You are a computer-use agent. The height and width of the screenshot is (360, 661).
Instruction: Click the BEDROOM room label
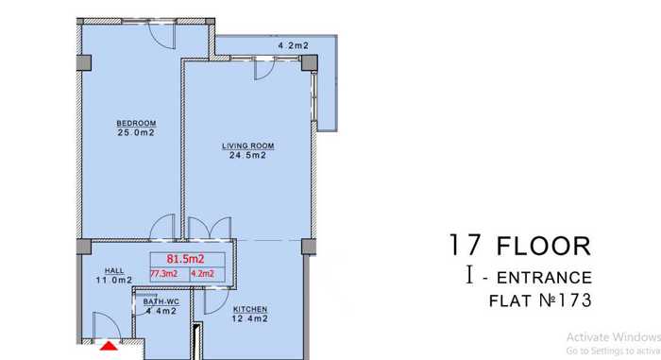[136, 123]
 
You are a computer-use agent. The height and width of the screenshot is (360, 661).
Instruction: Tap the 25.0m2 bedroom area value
[136, 132]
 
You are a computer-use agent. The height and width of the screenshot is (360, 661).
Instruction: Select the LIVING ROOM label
[247, 146]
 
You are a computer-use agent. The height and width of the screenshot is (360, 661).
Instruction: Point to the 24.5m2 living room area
[247, 155]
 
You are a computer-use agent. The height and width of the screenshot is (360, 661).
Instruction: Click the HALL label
[114, 271]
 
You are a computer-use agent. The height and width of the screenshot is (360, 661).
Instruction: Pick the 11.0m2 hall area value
[114, 280]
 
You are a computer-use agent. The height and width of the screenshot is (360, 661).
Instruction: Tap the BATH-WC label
[161, 302]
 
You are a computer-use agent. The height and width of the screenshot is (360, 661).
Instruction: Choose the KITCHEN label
[250, 309]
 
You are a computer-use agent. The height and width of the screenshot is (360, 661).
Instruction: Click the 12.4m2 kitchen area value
[249, 318]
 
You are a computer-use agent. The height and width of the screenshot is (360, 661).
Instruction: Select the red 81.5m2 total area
[185, 259]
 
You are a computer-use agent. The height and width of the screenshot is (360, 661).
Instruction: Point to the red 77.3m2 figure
[164, 274]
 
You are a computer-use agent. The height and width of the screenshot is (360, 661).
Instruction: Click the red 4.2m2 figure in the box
[203, 274]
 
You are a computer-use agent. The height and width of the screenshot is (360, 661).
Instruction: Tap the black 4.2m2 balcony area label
[294, 45]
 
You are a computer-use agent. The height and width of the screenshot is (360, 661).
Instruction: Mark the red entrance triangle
[110, 347]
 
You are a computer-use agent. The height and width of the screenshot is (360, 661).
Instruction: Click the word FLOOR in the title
[544, 247]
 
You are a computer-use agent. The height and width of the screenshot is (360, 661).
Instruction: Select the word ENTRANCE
[545, 278]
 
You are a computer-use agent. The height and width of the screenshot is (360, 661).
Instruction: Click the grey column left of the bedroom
[84, 63]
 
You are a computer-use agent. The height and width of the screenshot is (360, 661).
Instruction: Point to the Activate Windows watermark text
[614, 337]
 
